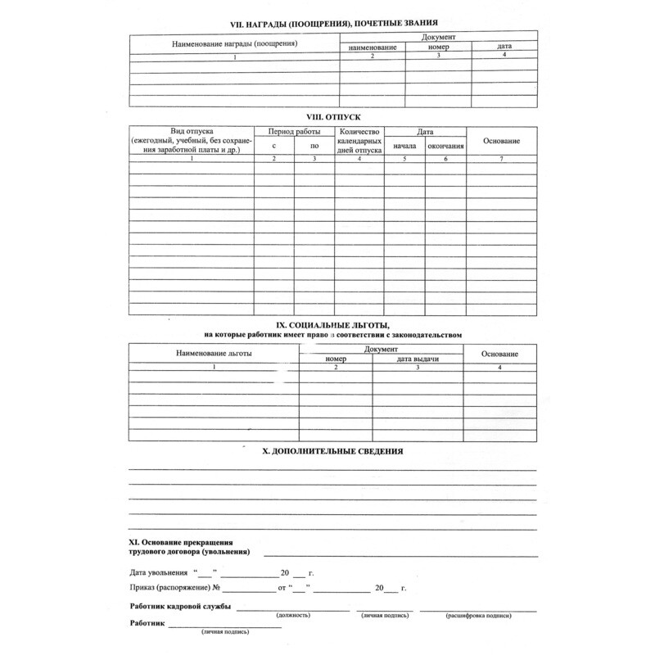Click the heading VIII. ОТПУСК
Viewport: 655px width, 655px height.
point(332,117)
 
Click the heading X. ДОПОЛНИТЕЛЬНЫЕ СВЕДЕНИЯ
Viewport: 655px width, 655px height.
point(332,451)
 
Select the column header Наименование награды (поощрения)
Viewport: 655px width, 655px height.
point(234,43)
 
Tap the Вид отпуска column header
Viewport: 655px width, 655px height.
point(192,131)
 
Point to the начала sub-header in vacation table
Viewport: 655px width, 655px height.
point(404,147)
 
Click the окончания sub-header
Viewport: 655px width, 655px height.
point(446,147)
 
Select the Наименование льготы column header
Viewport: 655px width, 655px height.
point(215,353)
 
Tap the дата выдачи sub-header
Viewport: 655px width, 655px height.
point(418,359)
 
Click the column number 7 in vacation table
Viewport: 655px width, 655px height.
point(502,158)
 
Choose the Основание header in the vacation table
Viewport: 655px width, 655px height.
point(502,141)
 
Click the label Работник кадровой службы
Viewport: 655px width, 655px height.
point(179,607)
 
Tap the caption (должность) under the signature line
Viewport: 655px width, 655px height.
point(292,614)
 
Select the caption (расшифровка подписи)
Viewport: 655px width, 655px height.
point(479,614)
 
